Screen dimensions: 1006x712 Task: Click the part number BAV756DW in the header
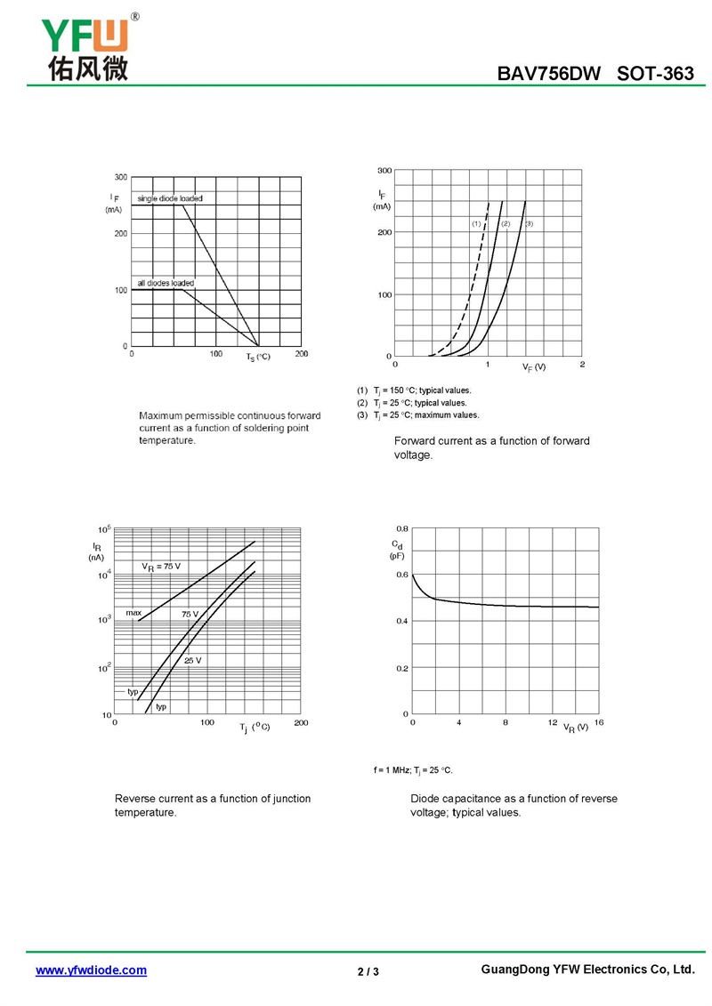tap(549, 74)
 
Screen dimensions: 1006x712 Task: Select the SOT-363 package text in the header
tap(655, 74)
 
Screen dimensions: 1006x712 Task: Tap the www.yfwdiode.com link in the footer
tap(91, 970)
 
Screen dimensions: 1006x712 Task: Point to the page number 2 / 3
tap(368, 971)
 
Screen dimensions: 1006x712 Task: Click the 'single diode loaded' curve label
tap(170, 198)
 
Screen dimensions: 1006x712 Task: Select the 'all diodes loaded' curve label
tap(166, 283)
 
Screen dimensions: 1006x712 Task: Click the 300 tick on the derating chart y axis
tap(121, 177)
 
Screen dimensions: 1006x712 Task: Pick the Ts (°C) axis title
tap(258, 357)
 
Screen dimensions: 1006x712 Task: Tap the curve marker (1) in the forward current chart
tap(476, 224)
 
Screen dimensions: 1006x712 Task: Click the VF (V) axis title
tap(534, 366)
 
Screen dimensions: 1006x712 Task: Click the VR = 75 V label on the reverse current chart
tap(161, 567)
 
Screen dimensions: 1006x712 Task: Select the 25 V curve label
tap(192, 661)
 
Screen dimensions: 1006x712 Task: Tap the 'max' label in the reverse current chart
tap(133, 613)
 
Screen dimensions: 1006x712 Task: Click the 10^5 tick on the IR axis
tap(104, 530)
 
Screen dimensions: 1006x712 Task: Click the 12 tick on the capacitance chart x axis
tap(553, 722)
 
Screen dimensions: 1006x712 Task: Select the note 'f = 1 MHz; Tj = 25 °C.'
tap(413, 769)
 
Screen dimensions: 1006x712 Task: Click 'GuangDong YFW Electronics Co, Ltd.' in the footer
tap(587, 970)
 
